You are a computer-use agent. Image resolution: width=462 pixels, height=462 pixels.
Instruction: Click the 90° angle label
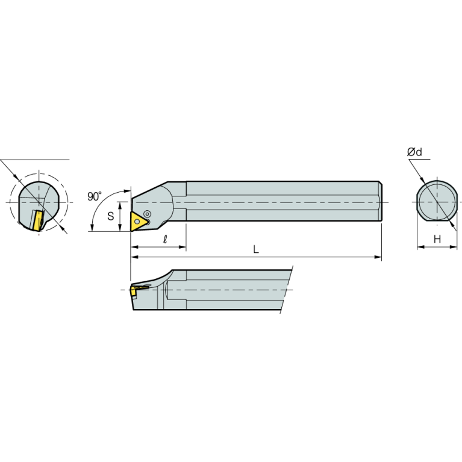click(95, 196)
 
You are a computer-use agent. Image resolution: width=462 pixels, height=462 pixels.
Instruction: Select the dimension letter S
click(111, 216)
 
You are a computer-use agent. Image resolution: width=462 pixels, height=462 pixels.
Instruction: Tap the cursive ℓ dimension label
click(165, 240)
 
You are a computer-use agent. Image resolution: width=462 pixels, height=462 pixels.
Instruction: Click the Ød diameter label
click(414, 152)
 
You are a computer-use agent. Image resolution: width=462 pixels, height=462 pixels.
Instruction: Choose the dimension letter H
click(438, 239)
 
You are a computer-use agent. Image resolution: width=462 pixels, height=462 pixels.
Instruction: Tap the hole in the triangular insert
click(138, 221)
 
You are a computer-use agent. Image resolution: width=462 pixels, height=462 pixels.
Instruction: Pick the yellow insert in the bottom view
click(133, 291)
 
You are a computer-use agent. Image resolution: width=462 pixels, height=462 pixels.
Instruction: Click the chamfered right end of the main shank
click(380, 202)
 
